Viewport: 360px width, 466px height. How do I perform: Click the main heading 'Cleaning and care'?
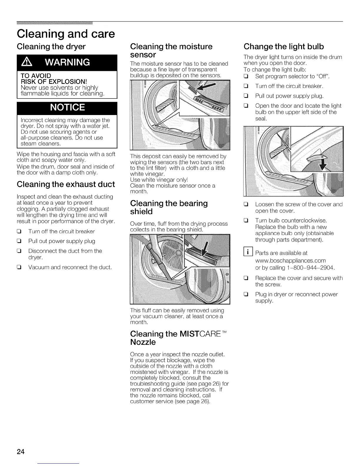pos(66,34)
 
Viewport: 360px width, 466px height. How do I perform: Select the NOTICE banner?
pos(67,107)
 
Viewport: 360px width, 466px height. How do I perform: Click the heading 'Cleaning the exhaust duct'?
pos(66,184)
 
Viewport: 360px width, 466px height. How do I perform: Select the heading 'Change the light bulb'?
pos(284,46)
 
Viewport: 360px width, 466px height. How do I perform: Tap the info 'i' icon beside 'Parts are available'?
pos(248,252)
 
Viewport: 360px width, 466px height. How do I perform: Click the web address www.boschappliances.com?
pos(290,260)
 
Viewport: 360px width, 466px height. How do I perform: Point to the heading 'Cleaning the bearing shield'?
pos(169,207)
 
